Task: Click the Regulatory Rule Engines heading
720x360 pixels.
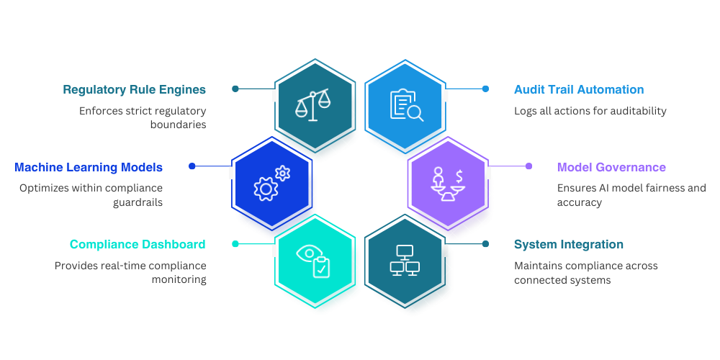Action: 134,90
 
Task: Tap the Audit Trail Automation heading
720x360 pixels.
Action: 579,90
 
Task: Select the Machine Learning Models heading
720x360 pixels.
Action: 89,168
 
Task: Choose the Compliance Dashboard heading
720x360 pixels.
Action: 138,245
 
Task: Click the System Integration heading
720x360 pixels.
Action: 569,245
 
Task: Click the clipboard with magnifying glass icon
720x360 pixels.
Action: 406,104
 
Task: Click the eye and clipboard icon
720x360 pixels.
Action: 313,260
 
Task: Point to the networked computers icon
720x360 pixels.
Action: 405,260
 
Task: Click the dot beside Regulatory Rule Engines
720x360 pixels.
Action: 235,89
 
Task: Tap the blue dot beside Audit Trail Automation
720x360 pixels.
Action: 485,89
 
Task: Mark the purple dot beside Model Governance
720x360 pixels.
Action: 528,166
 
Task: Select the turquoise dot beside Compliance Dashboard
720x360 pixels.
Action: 235,244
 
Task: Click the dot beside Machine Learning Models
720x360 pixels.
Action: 192,166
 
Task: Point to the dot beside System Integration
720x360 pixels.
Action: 485,244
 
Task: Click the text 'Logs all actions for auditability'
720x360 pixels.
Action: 590,112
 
